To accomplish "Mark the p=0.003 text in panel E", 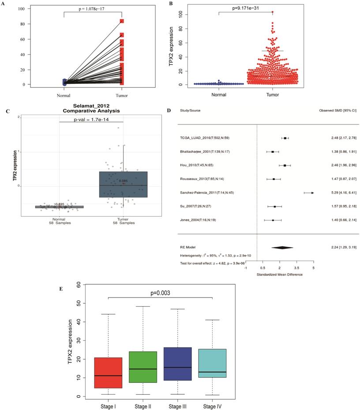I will [x=160, y=292].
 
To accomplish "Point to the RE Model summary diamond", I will [x=282, y=248].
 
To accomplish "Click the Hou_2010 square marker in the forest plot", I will [x=285, y=166].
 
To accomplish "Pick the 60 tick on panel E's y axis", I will [x=78, y=285].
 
